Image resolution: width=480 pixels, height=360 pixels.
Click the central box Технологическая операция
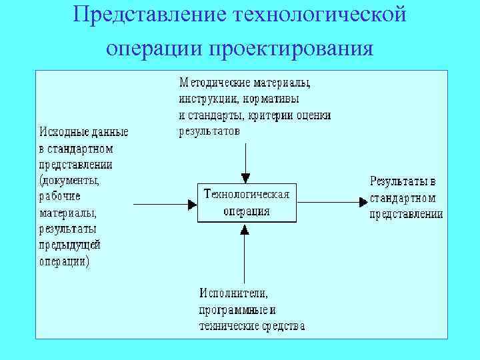247,203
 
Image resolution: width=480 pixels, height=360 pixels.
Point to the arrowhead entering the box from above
245,177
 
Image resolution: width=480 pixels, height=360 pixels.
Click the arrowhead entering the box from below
245,229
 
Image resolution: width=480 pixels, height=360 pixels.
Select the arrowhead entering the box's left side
192,203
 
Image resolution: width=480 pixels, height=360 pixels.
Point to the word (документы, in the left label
69,181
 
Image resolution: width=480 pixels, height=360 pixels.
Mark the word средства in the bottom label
283,326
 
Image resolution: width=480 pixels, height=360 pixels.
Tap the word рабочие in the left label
59,197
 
